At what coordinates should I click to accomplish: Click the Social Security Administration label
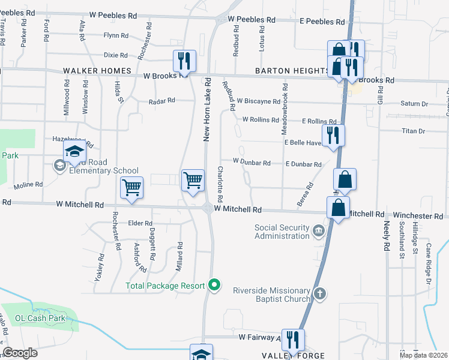pos(282,232)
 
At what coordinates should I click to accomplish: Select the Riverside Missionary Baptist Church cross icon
pos(321,293)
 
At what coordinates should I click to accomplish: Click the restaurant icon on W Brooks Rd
pos(184,61)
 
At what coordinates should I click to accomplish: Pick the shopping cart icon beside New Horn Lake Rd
pos(193,180)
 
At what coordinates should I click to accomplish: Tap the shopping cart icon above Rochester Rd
pos(131,188)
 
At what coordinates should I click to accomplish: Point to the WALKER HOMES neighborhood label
pos(92,71)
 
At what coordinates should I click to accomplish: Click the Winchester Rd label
pos(415,215)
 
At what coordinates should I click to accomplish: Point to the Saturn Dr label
pos(414,104)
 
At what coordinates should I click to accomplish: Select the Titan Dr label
pos(412,131)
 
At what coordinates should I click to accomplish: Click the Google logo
pos(20,353)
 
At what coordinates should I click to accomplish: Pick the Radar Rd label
pos(162,101)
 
